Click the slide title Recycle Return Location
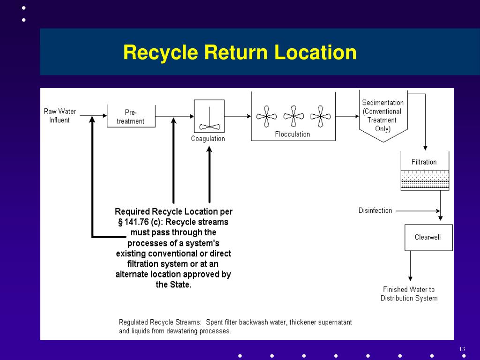click(240, 52)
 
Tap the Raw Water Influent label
click(60, 116)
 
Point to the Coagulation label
click(208, 139)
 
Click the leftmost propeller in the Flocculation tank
click(267, 116)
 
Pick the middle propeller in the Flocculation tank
click(293, 116)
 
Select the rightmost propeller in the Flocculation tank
click(321, 116)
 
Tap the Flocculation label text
click(292, 135)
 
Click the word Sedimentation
click(382, 103)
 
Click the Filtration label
click(424, 162)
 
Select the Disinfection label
click(375, 210)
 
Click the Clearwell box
click(428, 237)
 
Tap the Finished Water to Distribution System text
click(409, 294)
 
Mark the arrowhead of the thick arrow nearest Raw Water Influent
click(92, 120)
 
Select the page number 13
click(462, 349)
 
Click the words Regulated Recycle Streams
click(160, 322)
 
